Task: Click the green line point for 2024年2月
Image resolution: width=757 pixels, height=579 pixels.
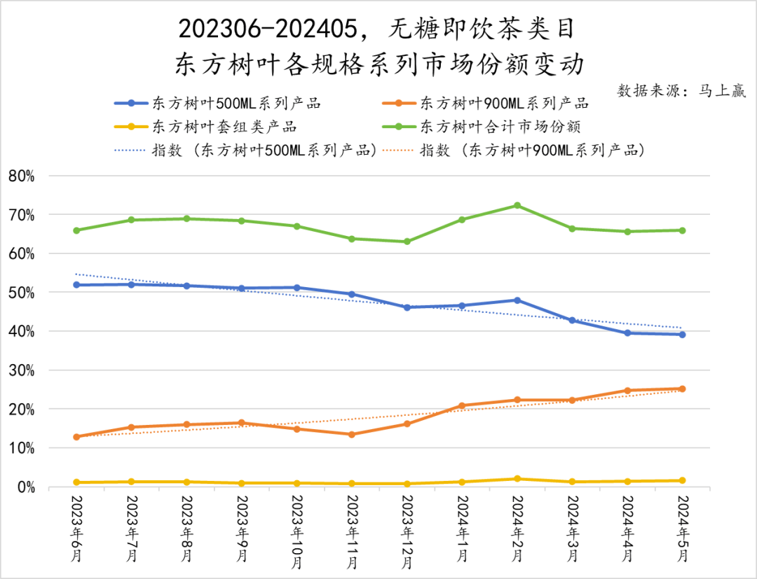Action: pyautogui.click(x=517, y=205)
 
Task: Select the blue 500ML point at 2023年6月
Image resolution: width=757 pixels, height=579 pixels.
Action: pyautogui.click(x=76, y=285)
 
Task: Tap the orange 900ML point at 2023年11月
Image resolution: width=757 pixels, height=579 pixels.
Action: pyautogui.click(x=352, y=434)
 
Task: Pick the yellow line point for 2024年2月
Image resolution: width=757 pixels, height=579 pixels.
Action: pyautogui.click(x=517, y=479)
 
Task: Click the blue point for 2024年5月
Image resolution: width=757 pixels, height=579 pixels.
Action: pyautogui.click(x=682, y=335)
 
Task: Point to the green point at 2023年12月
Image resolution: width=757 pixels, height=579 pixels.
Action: pyautogui.click(x=407, y=242)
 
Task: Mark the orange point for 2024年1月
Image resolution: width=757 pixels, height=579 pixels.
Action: pyautogui.click(x=462, y=406)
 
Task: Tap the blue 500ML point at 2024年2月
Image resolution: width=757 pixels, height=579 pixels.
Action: pyautogui.click(x=517, y=300)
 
